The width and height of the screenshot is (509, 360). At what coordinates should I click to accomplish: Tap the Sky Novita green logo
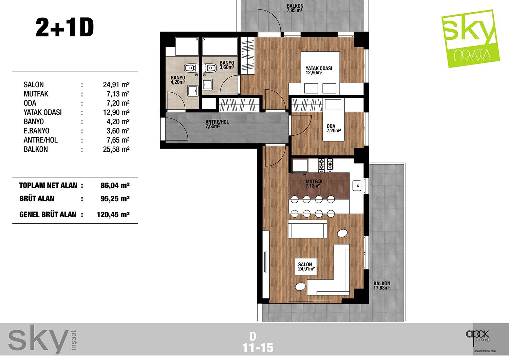tap(470, 39)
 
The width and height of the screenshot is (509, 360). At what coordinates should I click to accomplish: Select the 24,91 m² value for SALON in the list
tap(116, 84)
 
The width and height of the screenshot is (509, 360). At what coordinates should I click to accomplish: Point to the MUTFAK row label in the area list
tap(36, 94)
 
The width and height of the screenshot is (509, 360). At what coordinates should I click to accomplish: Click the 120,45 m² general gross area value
tap(113, 214)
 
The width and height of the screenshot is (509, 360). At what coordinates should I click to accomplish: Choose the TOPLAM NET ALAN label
tap(48, 186)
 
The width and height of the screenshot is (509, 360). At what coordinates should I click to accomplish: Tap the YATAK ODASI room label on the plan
tap(319, 70)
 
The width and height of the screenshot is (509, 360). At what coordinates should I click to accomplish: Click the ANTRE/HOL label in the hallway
tap(217, 124)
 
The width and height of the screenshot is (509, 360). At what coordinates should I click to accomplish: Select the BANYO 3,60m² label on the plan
tap(227, 65)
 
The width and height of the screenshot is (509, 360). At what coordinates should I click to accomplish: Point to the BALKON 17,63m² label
tap(382, 285)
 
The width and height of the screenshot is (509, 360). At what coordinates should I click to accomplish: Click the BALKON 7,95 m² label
tap(295, 8)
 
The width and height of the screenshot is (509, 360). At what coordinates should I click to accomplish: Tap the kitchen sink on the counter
tap(357, 186)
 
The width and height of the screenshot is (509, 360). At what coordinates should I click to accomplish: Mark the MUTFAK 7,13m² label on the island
tap(314, 184)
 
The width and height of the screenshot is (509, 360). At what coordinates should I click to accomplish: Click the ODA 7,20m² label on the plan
tap(334, 128)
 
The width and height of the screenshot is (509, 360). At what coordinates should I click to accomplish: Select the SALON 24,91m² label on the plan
tap(306, 267)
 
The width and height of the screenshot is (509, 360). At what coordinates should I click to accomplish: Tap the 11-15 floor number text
tap(258, 348)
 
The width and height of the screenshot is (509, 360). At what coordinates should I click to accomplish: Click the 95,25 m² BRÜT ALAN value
tap(115, 198)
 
